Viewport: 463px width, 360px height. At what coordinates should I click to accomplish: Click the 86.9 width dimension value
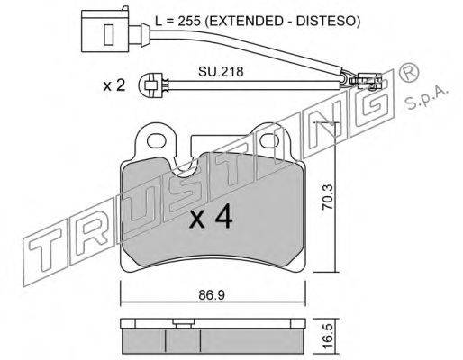click(212, 295)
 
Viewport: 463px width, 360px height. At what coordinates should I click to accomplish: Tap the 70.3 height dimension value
click(328, 197)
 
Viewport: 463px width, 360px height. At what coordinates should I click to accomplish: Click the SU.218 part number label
click(221, 72)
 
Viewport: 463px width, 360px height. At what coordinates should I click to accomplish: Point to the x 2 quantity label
click(113, 85)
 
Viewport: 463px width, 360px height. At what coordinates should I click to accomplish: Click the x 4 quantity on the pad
click(211, 217)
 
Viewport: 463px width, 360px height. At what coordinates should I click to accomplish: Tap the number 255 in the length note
click(188, 21)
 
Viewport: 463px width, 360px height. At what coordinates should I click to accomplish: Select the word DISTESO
click(328, 21)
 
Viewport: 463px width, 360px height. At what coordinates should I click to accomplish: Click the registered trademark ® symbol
click(409, 73)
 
